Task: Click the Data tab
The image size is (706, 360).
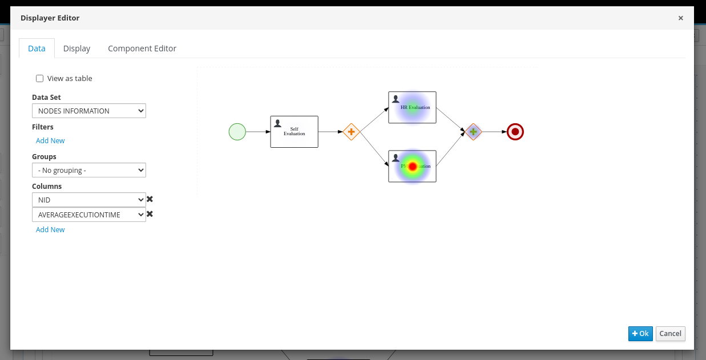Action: [x=37, y=48]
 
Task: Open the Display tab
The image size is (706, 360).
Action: [x=76, y=48]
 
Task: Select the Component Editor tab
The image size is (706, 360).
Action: [x=142, y=48]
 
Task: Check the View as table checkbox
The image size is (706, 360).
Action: [x=40, y=79]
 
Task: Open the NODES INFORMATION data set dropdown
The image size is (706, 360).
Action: [x=89, y=111]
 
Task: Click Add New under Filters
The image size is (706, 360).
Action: [x=50, y=140]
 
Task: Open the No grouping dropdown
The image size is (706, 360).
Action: [x=89, y=170]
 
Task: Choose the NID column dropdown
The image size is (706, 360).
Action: [x=89, y=200]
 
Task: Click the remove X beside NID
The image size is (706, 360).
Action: [x=150, y=199]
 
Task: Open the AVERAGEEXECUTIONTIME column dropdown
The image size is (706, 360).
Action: [x=89, y=215]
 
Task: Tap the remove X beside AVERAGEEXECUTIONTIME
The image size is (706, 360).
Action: [x=150, y=214]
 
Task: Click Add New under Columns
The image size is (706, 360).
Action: [x=50, y=229]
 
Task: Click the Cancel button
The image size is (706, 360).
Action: [x=670, y=334]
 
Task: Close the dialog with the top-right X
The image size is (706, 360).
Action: [x=680, y=18]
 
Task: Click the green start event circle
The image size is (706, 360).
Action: [x=237, y=132]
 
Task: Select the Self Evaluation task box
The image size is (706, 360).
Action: [x=294, y=132]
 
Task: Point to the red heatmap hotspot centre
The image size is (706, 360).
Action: [x=413, y=166]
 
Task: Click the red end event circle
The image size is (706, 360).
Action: [x=515, y=132]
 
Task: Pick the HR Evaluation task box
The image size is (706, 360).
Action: [x=412, y=107]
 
